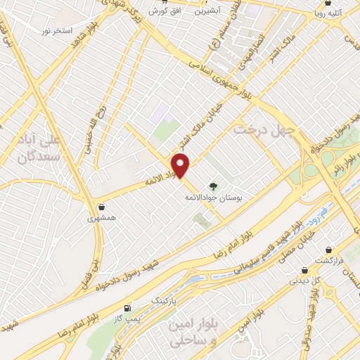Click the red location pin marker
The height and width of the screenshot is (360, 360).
point(181,166)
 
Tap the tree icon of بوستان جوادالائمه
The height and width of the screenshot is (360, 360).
point(213,186)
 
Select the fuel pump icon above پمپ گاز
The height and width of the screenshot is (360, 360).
point(127,308)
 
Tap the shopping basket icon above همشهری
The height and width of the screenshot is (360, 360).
point(103,207)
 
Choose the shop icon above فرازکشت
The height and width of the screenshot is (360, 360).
point(329,249)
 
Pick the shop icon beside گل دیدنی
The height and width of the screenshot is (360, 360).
point(304,269)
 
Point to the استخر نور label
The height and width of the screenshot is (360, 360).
point(56,32)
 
